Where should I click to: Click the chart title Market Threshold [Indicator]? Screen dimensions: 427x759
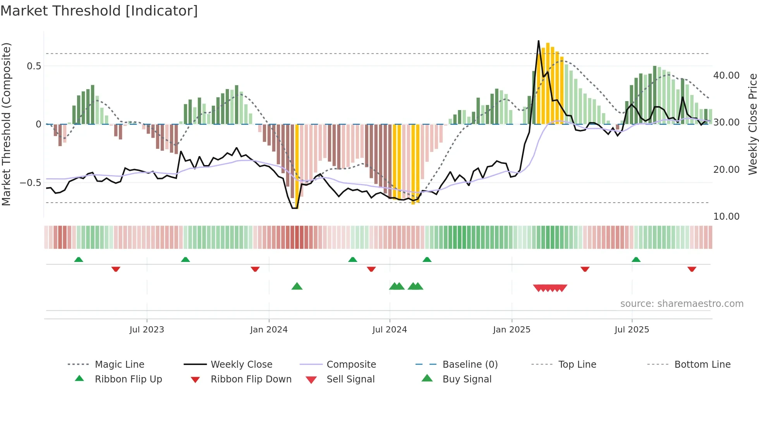tap(99, 11)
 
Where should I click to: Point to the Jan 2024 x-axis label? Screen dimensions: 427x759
tap(269, 330)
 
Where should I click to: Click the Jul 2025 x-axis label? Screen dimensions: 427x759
tap(632, 330)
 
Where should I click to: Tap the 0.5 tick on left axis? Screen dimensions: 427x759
tap(34, 66)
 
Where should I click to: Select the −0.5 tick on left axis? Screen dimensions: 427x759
tap(31, 183)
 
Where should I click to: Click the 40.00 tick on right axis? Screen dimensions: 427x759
tap(726, 76)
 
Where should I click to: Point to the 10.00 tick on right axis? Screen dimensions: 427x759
tap(726, 217)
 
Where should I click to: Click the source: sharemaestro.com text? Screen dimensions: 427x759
tap(682, 304)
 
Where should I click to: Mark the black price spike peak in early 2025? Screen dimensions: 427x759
tap(538, 41)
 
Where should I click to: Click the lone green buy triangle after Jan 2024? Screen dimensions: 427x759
tap(297, 286)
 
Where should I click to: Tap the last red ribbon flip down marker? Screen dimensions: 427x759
tap(692, 269)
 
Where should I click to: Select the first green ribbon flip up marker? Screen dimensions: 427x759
tap(79, 259)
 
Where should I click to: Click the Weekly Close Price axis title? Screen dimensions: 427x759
tap(752, 124)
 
